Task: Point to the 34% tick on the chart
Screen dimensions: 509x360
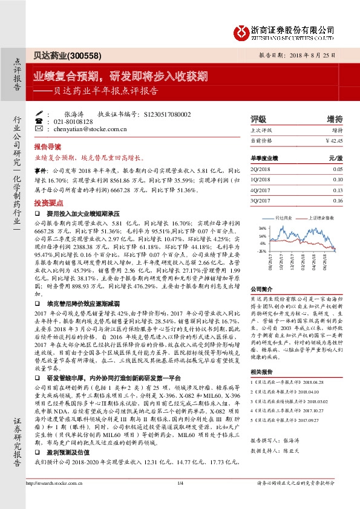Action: click(262, 228)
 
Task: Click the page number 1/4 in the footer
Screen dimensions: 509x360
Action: click(180, 500)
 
